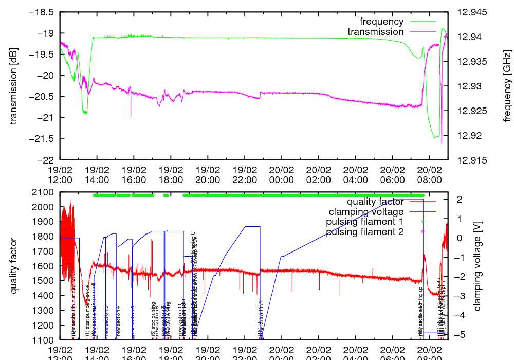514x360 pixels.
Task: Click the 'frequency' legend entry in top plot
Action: [x=381, y=22]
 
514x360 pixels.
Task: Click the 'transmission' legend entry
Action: [x=375, y=32]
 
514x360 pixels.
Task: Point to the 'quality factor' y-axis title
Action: [x=14, y=266]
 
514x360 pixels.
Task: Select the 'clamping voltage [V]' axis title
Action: [x=476, y=266]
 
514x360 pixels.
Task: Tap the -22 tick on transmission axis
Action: [x=47, y=160]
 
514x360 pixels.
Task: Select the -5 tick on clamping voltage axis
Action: [x=456, y=335]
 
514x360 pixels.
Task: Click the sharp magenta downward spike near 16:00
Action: [x=131, y=116]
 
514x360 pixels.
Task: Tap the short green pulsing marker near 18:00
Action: [x=166, y=195]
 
